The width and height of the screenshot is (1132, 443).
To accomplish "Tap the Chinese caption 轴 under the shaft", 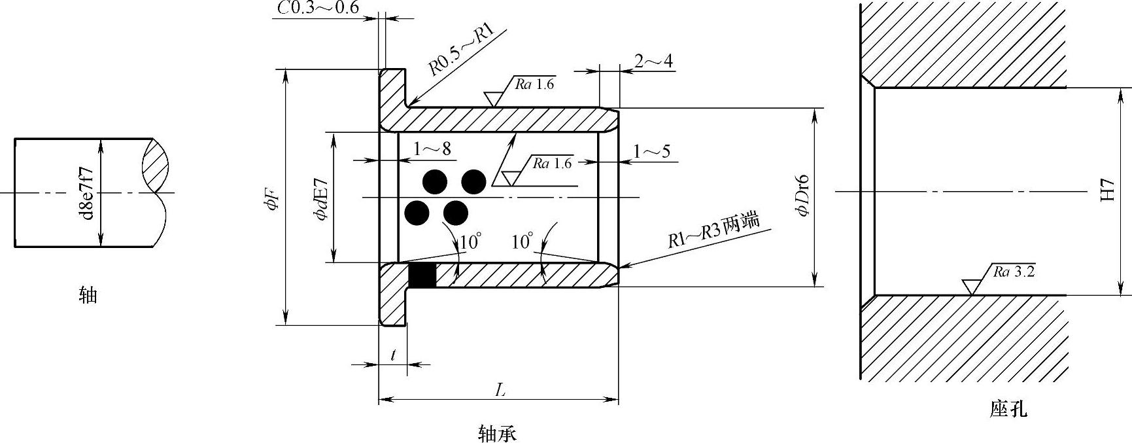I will click(x=88, y=296).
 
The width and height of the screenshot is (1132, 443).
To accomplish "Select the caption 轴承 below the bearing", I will click(x=497, y=433).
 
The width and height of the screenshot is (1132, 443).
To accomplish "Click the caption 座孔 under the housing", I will click(x=1008, y=410).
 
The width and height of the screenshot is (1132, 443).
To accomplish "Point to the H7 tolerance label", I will click(x=1106, y=190).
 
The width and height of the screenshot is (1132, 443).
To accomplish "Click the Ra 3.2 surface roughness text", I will click(x=1014, y=272).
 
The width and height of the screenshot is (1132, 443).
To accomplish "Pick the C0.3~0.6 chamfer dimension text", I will click(x=318, y=8).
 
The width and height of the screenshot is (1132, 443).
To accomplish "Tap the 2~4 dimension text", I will click(x=653, y=61).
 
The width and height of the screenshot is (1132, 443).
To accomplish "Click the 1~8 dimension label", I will click(x=432, y=149).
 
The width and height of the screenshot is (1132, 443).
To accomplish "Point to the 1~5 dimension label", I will click(x=651, y=152).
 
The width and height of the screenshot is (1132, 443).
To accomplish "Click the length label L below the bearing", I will click(x=500, y=390).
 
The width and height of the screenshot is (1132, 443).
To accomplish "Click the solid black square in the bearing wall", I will click(x=422, y=275).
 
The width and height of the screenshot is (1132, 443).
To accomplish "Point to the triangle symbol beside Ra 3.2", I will click(x=971, y=286).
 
